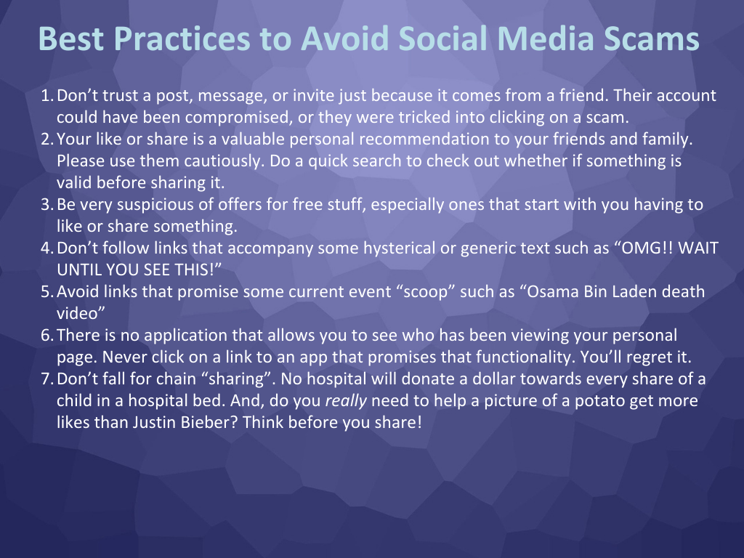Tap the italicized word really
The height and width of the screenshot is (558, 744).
[346, 401]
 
